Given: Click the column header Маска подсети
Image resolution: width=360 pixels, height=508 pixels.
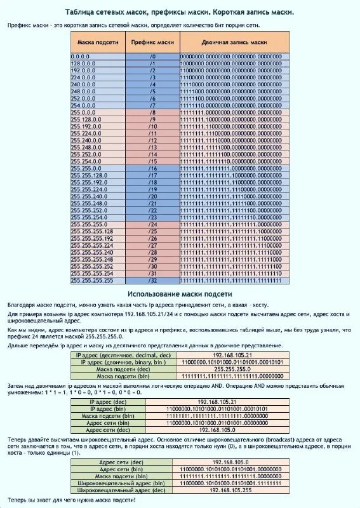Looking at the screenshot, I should coord(98,42).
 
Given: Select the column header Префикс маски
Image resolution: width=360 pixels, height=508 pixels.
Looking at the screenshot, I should coord(152,42).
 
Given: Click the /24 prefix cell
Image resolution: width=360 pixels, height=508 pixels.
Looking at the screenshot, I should coord(152,224).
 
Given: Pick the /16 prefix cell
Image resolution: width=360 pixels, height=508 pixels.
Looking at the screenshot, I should coord(152,168).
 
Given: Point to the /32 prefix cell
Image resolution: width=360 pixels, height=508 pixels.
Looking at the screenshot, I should coord(152,280).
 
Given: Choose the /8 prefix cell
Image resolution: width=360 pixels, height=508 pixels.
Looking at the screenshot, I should coord(152,112).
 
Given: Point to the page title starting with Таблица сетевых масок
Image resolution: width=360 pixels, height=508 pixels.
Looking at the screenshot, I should coord(180,12).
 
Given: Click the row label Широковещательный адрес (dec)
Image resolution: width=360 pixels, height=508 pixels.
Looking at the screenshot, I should coord(121,490).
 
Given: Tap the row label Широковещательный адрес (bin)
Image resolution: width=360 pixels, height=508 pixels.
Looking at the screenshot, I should coord(121,483).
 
